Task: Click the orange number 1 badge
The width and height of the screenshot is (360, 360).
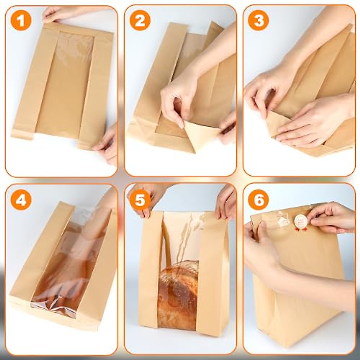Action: pyautogui.click(x=21, y=21)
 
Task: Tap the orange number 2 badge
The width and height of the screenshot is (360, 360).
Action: pyautogui.click(x=140, y=21)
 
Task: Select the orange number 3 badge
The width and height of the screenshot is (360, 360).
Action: pyautogui.click(x=259, y=21)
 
